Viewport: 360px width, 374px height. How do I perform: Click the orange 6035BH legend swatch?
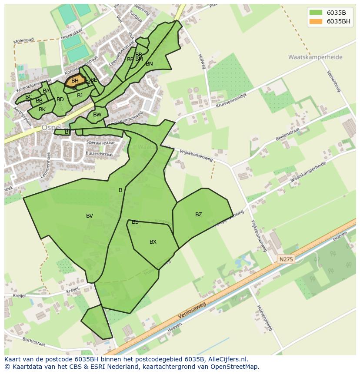coord(316,21)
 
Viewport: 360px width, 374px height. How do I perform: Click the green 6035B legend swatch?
coord(316,12)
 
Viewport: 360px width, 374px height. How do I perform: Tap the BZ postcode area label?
coord(199,215)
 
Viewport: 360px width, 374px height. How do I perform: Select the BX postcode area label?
coord(153,242)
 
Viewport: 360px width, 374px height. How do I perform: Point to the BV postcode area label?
coord(90,216)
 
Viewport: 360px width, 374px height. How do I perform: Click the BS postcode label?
coord(135,222)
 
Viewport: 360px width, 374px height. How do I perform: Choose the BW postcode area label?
coord(97,115)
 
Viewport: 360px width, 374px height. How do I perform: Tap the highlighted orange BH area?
coord(75,81)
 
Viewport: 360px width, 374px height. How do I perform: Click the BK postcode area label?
coord(42,109)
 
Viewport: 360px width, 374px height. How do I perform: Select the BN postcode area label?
coord(149,64)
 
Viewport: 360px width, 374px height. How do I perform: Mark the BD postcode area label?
coord(60,99)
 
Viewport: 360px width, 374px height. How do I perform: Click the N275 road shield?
coord(286,259)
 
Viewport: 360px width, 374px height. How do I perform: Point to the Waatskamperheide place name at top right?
coord(315,57)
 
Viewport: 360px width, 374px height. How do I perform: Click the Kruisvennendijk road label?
coord(231,101)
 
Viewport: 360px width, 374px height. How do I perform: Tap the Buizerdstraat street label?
coord(99,154)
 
